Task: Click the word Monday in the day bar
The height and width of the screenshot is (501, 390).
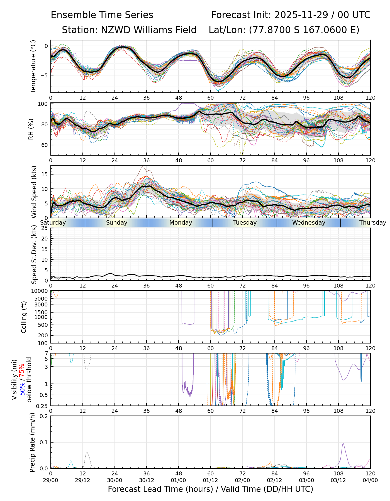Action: tap(181, 223)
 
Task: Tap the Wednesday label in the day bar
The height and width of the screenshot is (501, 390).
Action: tap(309, 223)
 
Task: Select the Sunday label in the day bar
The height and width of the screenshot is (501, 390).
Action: tap(117, 223)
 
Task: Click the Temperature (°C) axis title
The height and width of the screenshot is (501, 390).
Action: tap(33, 66)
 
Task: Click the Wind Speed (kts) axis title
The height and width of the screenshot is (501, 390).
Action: tap(34, 192)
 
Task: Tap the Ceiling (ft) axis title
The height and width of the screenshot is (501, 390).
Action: tap(24, 317)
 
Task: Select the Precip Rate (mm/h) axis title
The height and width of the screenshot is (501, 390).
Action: tap(32, 442)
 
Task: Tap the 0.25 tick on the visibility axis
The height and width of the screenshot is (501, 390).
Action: tap(43, 406)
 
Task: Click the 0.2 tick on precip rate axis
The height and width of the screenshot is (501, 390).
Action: tap(44, 416)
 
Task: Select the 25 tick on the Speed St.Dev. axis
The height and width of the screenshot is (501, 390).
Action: tap(45, 228)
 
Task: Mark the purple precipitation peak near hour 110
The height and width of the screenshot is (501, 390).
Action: tap(343, 444)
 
